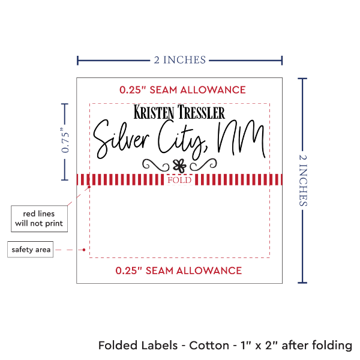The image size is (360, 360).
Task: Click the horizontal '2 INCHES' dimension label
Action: (180, 59)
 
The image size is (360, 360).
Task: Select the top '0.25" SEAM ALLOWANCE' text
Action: (182, 90)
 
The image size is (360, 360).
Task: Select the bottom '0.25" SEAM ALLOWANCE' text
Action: (179, 270)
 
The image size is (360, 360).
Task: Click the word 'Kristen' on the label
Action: (154, 112)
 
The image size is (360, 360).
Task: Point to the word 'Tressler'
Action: (200, 112)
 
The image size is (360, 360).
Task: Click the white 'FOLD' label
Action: (179, 180)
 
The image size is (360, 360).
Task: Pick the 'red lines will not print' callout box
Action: (38, 219)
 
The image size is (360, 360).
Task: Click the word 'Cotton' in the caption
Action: (209, 346)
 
